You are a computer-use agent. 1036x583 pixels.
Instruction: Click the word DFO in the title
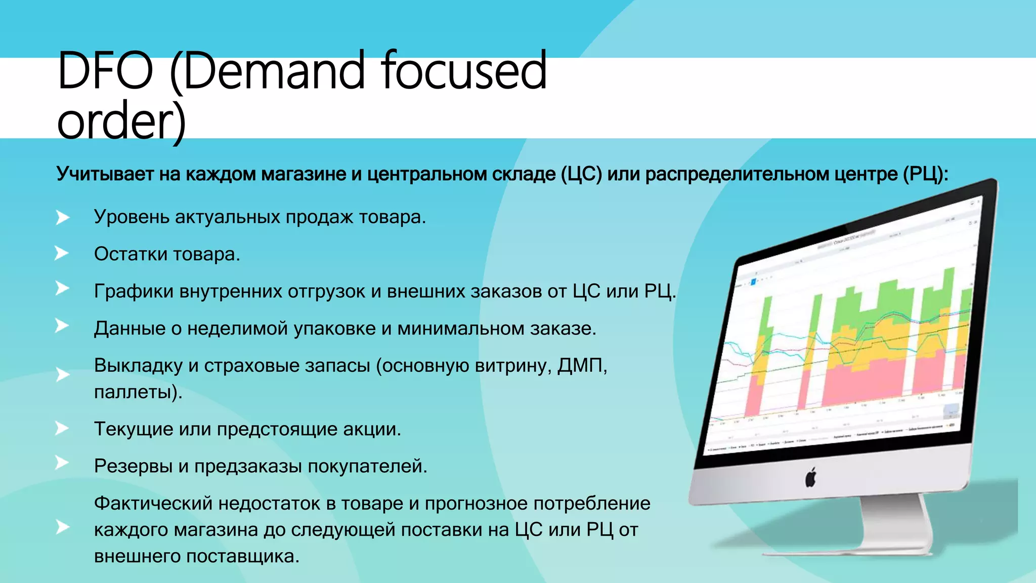105,71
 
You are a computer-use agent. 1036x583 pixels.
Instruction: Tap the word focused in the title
464,71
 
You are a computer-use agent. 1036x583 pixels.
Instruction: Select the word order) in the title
121,122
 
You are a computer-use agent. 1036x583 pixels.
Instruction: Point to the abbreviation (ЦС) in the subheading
581,174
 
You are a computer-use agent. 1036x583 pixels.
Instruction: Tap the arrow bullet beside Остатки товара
62,253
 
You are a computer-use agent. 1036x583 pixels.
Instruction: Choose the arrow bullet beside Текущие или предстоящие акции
62,429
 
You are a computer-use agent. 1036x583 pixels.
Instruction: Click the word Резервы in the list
133,466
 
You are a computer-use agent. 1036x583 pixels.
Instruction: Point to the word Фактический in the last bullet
153,504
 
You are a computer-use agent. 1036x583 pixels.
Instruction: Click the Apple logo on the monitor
811,477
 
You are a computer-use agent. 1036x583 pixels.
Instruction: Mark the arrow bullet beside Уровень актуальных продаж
62,218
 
